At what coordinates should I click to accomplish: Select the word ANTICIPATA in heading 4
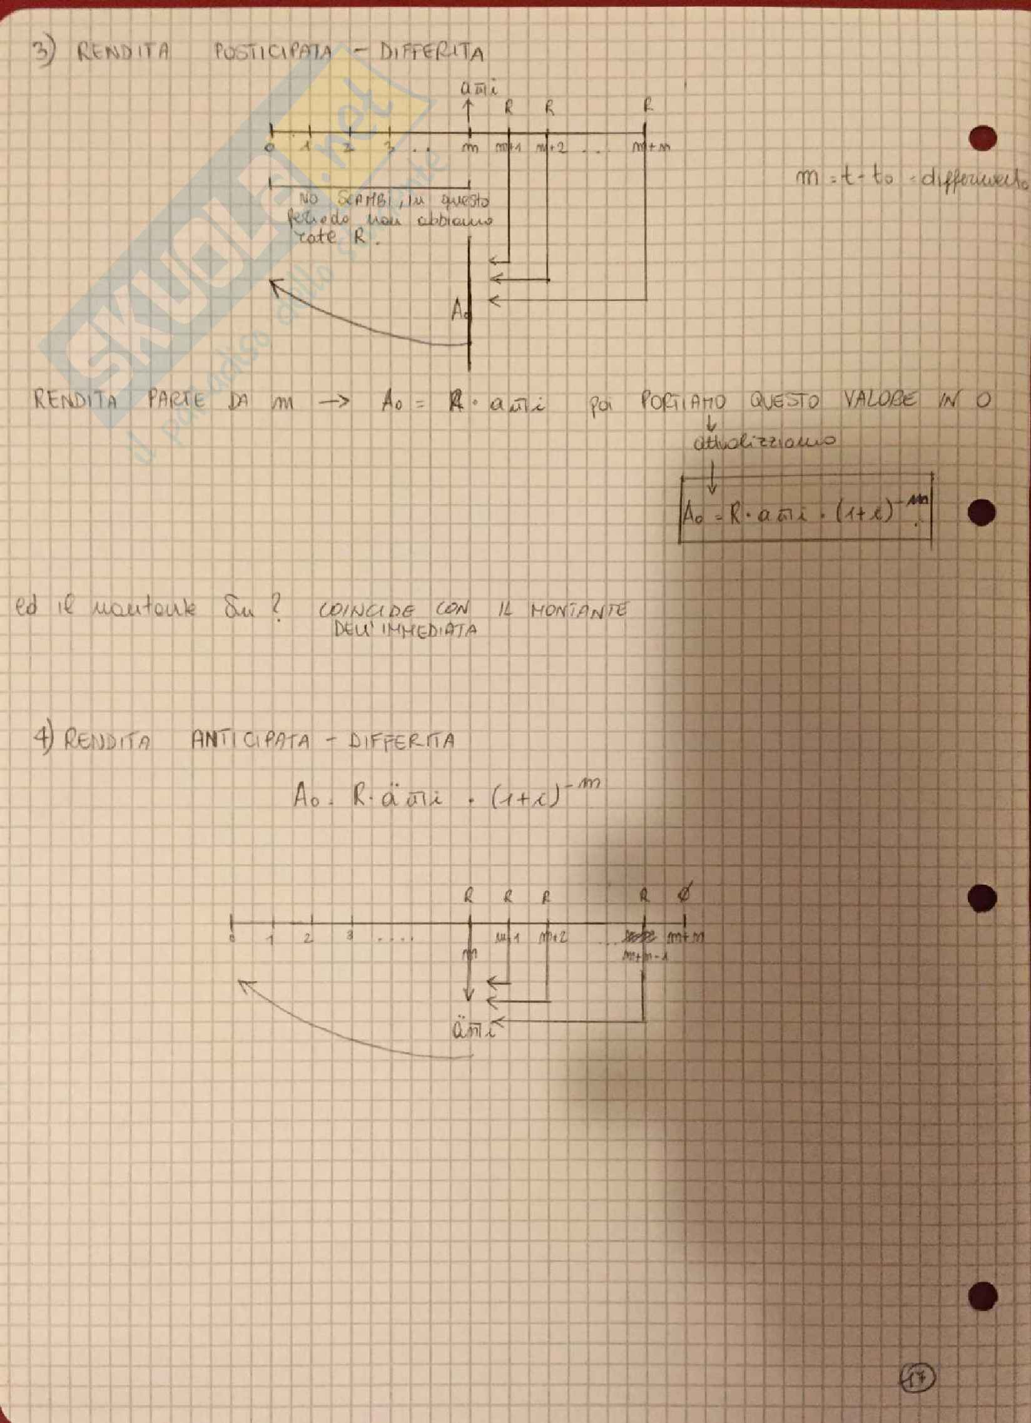coord(250,742)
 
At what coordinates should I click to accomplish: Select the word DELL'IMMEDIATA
coord(407,630)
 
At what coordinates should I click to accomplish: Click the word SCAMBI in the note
coord(353,201)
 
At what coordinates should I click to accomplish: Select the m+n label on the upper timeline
coord(653,149)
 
